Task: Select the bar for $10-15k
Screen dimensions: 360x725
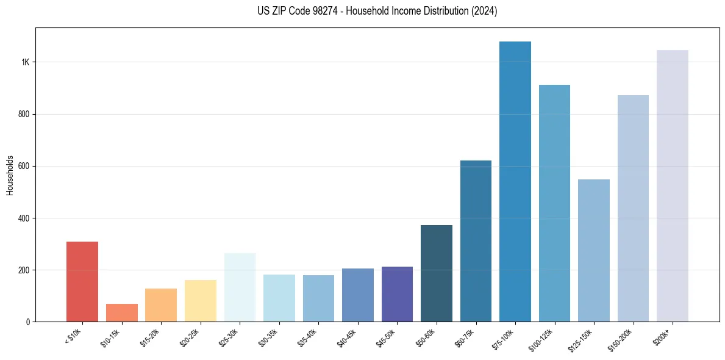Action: coord(121,312)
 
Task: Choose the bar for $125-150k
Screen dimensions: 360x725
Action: coord(594,250)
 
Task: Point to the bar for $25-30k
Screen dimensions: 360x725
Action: coord(240,287)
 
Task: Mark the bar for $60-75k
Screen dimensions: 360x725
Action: coord(476,241)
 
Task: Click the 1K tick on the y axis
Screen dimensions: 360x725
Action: coord(26,62)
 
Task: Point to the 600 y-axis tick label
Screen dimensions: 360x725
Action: coord(24,166)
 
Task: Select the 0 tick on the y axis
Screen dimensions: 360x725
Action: coord(28,322)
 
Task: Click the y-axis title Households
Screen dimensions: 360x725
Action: coord(10,175)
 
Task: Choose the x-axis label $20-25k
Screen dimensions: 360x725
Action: coord(191,337)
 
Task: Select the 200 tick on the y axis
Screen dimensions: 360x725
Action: coord(24,270)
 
